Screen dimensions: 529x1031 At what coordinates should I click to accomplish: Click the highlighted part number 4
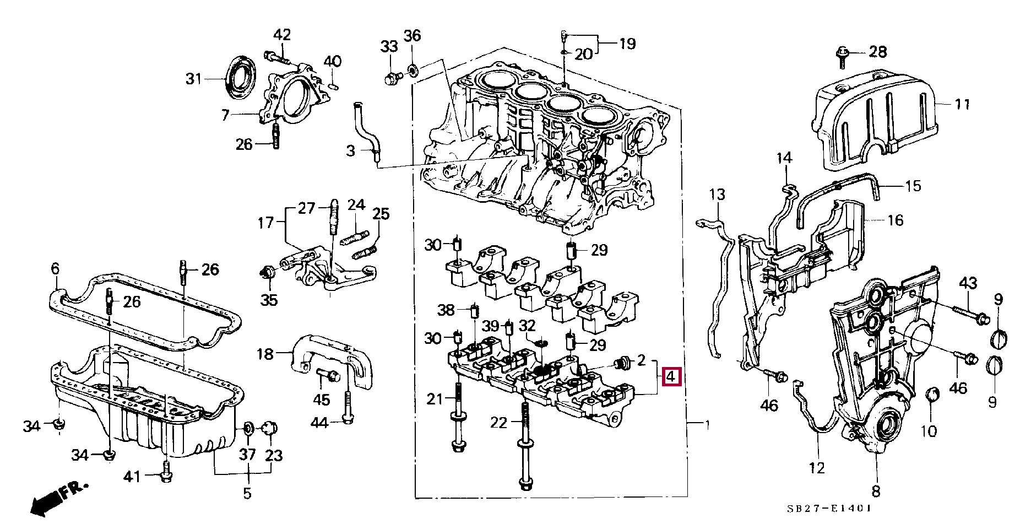point(671,377)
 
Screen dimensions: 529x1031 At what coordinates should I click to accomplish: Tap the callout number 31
point(193,79)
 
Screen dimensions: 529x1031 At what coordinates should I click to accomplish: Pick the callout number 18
point(265,354)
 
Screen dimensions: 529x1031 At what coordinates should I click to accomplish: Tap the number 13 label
point(717,195)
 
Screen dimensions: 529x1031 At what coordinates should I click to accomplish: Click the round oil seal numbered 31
point(241,77)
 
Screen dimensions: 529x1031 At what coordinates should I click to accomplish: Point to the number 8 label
point(876,491)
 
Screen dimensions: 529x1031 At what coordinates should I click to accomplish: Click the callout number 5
point(247,493)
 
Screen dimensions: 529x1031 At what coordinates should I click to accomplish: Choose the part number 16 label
point(896,220)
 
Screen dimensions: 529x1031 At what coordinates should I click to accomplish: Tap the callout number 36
point(412,36)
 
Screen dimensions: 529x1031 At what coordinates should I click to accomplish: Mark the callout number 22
point(498,423)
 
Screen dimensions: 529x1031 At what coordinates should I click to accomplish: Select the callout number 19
point(627,44)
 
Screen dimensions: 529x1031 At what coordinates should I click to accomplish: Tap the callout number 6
point(55,269)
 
